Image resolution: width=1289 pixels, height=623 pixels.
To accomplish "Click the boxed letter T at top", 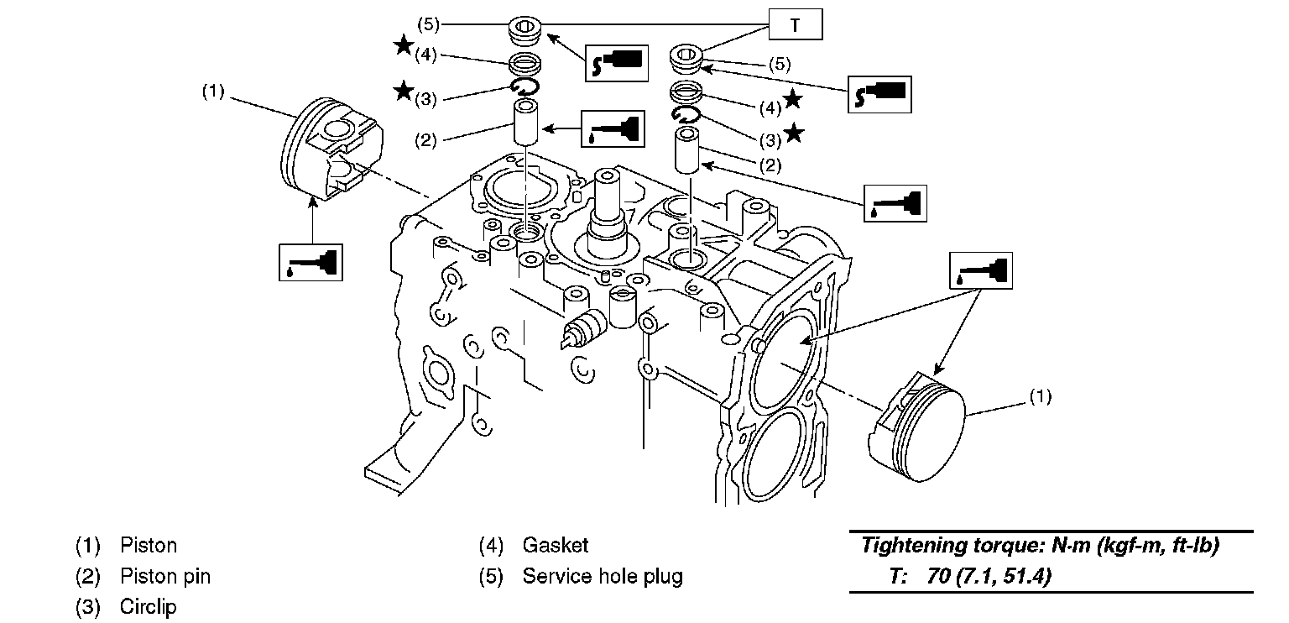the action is pos(796,24).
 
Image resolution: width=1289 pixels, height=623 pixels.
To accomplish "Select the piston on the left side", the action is pos(332,149).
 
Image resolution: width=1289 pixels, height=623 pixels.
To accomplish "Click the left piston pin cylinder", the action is pos(526,122).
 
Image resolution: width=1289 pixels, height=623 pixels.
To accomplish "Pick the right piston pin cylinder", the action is pos(686,150).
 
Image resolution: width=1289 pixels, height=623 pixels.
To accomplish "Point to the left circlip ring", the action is pos(525,86).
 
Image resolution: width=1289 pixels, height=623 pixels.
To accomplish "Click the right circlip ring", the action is pos(686,115).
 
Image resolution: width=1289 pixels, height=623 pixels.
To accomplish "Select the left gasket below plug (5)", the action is pos(524,63).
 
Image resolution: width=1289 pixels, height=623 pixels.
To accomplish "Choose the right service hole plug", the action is pos(686,59).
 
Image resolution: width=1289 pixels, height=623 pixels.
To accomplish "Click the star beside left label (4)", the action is pos(404,45).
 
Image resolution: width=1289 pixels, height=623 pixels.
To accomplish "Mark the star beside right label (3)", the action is pos(794,133).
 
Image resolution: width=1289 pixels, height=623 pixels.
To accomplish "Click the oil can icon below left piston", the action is pos(311,263).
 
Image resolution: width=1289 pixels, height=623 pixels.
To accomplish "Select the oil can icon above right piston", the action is pos(980,270).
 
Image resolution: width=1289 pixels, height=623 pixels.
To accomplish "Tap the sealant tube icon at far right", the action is pos(879,94).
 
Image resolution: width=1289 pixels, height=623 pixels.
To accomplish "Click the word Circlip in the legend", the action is pos(148,606).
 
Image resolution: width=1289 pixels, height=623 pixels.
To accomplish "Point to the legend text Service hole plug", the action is pos(603,576).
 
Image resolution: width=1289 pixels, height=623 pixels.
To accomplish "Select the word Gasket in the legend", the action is pos(556,545).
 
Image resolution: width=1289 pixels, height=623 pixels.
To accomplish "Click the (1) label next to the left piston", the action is pos(213,91).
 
